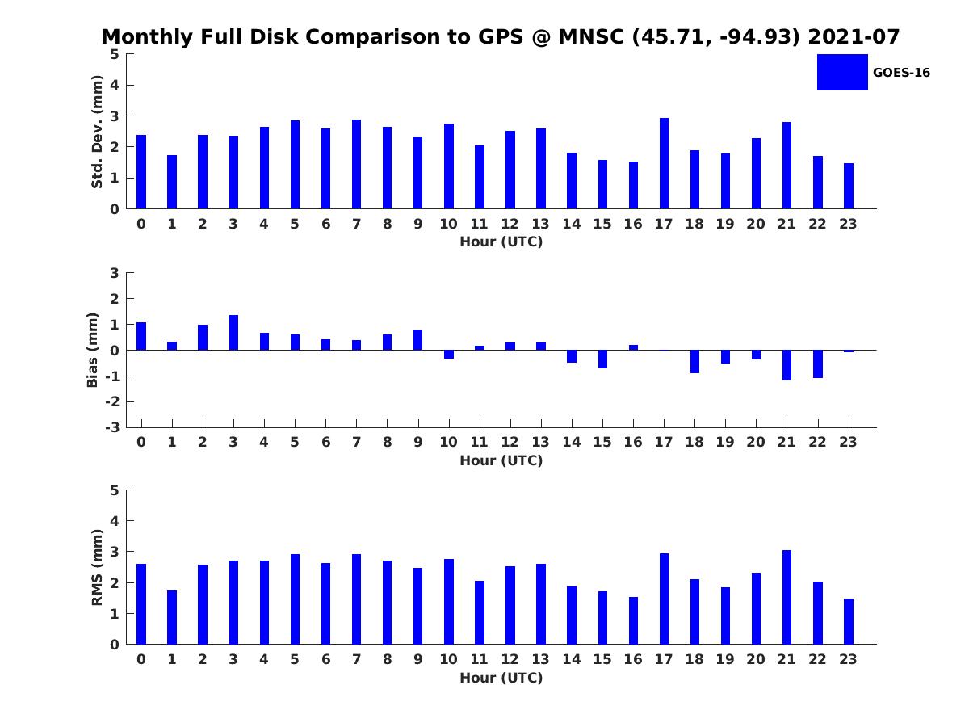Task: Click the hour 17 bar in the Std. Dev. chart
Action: pyautogui.click(x=664, y=163)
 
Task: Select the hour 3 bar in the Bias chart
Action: pyautogui.click(x=233, y=333)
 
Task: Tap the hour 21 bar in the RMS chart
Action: pyautogui.click(x=787, y=597)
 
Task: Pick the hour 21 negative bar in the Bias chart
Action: pyautogui.click(x=787, y=365)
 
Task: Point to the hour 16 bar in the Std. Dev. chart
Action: pyautogui.click(x=633, y=185)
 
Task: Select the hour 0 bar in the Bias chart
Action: pyautogui.click(x=141, y=336)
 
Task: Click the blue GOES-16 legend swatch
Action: pyautogui.click(x=842, y=72)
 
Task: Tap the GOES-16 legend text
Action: pyautogui.click(x=901, y=73)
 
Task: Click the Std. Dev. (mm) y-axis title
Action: pyautogui.click(x=97, y=132)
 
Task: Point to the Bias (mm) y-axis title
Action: pyautogui.click(x=93, y=350)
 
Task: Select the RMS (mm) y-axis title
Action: pyautogui.click(x=97, y=568)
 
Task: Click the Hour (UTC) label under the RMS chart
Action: pyautogui.click(x=501, y=678)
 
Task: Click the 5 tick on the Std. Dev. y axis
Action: pyautogui.click(x=115, y=54)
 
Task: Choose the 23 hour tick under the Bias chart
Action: pyautogui.click(x=848, y=442)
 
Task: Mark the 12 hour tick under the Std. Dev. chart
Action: pyautogui.click(x=510, y=224)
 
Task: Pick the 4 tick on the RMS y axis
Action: pyautogui.click(x=115, y=521)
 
